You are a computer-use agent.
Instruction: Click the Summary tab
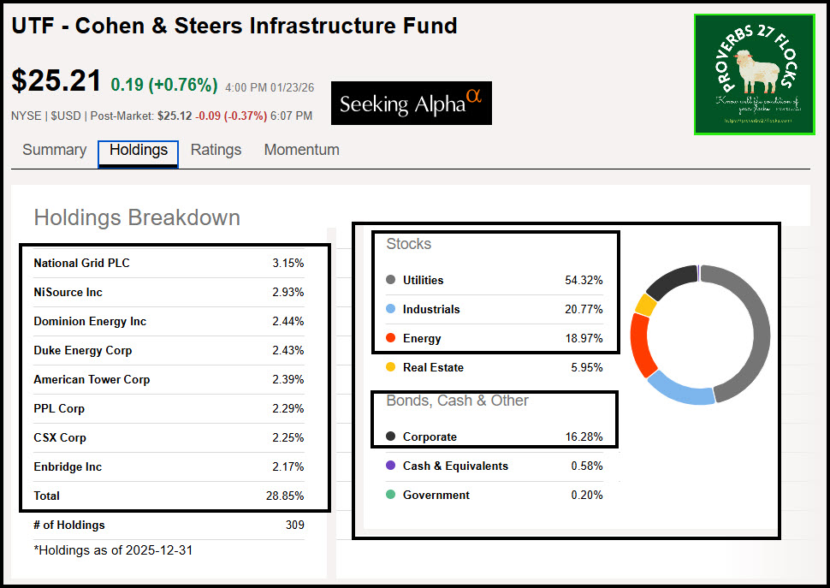click(x=54, y=150)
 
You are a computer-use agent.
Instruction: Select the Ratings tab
click(x=216, y=150)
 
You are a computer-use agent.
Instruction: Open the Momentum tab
click(x=301, y=150)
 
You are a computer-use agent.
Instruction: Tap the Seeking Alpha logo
click(x=411, y=104)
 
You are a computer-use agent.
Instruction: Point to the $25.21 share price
click(x=56, y=80)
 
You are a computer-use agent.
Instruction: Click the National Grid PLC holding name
click(x=81, y=263)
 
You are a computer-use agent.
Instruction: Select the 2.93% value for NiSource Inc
click(x=288, y=292)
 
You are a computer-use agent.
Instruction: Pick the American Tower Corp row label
click(x=92, y=379)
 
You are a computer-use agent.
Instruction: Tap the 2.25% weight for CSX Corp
click(x=288, y=437)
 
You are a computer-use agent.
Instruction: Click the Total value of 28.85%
click(x=285, y=496)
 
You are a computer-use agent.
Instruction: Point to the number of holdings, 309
click(x=294, y=525)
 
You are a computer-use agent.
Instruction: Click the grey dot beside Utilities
click(x=390, y=280)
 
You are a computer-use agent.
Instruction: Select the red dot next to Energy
click(x=390, y=338)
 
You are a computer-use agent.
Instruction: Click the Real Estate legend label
click(x=433, y=367)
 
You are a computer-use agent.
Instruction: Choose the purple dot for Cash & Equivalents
click(x=390, y=466)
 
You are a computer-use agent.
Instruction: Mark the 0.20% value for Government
click(x=586, y=495)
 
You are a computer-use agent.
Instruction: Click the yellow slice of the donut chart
click(x=646, y=304)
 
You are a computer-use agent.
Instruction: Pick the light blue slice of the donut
click(x=681, y=389)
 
